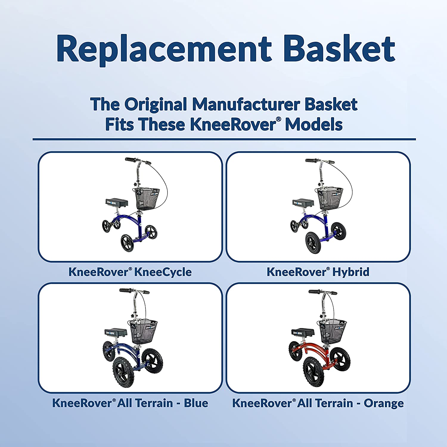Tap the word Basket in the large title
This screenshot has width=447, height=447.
point(339,49)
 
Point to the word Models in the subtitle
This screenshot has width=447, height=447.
point(313,124)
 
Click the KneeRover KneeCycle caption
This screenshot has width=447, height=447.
point(130,272)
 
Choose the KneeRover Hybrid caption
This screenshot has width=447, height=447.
point(318,272)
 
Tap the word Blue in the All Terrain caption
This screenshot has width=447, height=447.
point(196,403)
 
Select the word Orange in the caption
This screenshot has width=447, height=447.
point(384,403)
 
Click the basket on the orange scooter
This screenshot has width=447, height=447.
point(332,331)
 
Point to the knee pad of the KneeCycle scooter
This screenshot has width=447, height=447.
point(117,203)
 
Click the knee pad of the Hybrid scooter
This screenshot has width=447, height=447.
point(303,203)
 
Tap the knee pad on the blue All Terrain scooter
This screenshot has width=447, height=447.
point(116,332)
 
